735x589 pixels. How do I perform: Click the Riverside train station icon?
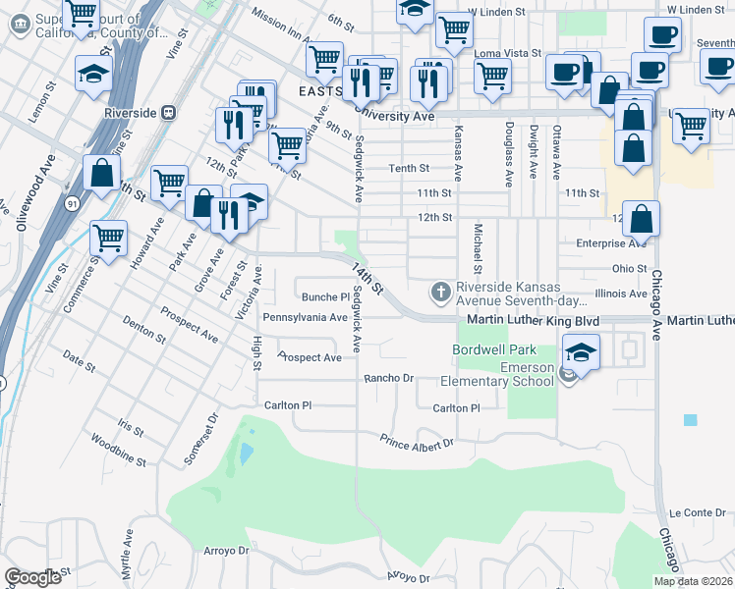(x=169, y=112)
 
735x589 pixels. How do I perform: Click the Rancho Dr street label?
(x=390, y=378)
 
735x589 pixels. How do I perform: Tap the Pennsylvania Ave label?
(x=305, y=318)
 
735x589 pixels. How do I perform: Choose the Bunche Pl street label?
(x=325, y=296)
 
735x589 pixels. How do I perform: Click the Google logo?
(x=33, y=577)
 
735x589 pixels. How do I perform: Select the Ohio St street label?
(x=629, y=267)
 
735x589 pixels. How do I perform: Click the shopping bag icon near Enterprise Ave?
(x=641, y=223)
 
